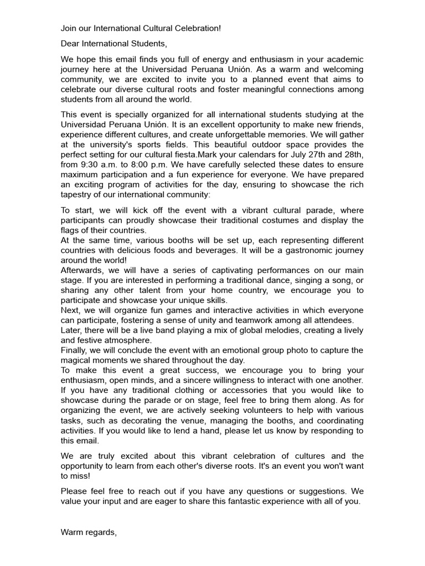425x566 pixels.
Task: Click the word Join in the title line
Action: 69,28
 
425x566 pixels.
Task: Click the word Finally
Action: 75,350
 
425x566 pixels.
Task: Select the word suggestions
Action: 320,491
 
